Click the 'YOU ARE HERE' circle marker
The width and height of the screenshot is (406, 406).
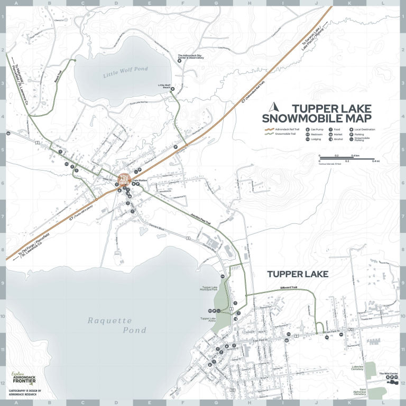(x=124, y=180)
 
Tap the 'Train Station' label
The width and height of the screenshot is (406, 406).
(x=140, y=180)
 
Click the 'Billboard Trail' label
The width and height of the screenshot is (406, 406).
(x=289, y=288)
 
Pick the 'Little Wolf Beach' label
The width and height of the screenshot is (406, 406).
(x=164, y=86)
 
